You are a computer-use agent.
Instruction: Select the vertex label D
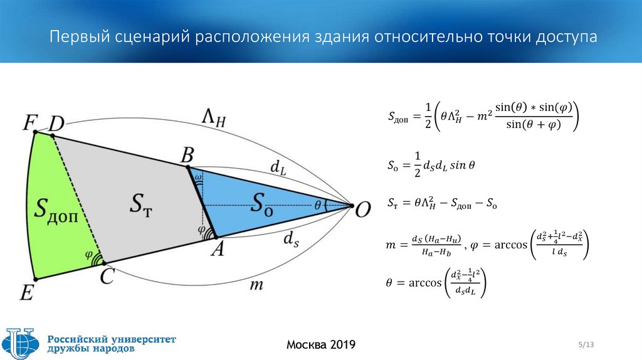(x=56, y=124)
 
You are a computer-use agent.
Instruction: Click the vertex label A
(x=218, y=249)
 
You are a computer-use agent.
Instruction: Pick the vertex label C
(x=107, y=276)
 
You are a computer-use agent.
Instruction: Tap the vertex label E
(x=27, y=292)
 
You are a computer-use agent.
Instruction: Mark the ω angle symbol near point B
(x=198, y=178)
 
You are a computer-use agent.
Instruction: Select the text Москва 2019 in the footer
(x=320, y=344)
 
